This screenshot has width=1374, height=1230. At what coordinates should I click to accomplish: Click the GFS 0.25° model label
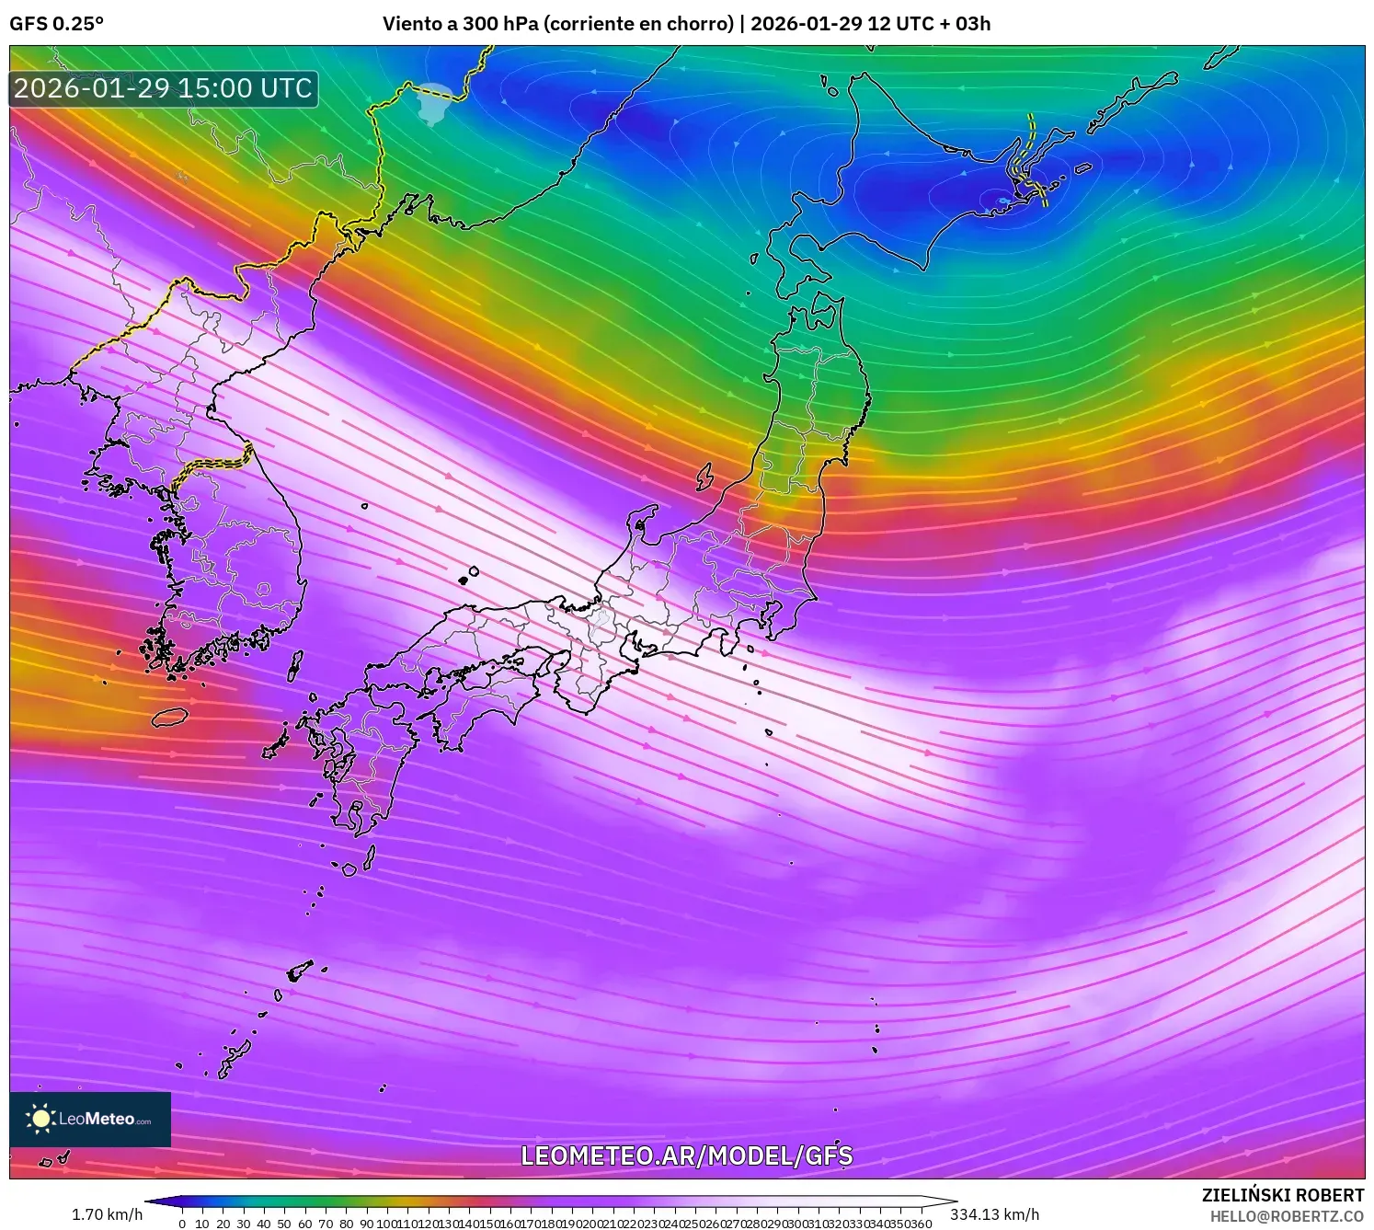click(x=56, y=24)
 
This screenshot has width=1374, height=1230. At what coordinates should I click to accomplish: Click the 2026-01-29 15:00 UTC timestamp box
click(x=164, y=88)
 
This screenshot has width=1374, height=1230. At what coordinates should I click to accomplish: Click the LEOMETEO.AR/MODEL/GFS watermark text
click(x=686, y=1155)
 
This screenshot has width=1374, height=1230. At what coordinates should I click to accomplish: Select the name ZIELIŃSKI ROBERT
click(x=1282, y=1195)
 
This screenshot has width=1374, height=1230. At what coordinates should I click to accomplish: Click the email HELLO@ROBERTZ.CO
click(x=1287, y=1215)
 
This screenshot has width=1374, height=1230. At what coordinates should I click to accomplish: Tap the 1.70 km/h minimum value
click(x=107, y=1214)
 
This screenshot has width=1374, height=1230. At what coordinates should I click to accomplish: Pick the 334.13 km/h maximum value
click(x=995, y=1214)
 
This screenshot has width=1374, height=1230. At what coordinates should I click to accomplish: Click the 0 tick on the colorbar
click(x=182, y=1224)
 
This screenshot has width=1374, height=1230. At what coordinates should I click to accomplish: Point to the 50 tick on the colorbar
click(x=284, y=1224)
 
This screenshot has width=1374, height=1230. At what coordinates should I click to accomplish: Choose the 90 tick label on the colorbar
click(x=366, y=1224)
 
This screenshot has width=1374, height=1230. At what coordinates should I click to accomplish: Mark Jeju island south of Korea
click(x=170, y=716)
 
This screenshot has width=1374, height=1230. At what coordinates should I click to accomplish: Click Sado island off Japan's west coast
click(x=704, y=477)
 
